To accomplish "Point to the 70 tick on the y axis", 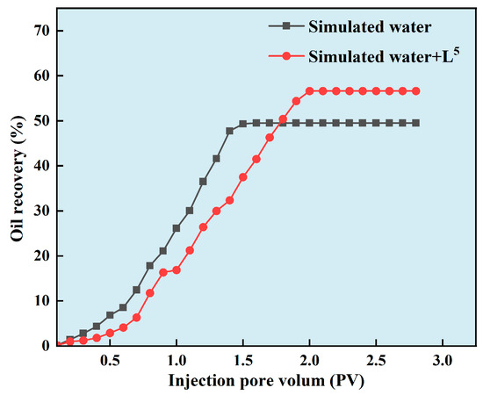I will pos(41,31).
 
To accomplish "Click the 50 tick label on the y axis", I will pos(41,120).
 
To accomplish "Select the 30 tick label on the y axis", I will pos(41,211).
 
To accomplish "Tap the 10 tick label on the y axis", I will pos(41,300).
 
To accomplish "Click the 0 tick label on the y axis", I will pos(46,346).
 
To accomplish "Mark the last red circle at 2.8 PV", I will pos(415,90).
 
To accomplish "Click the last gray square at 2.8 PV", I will pos(415,123).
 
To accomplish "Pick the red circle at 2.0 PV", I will pos(309,90).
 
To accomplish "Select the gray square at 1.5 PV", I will pos(242,124).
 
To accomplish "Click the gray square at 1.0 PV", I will pos(177,228).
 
